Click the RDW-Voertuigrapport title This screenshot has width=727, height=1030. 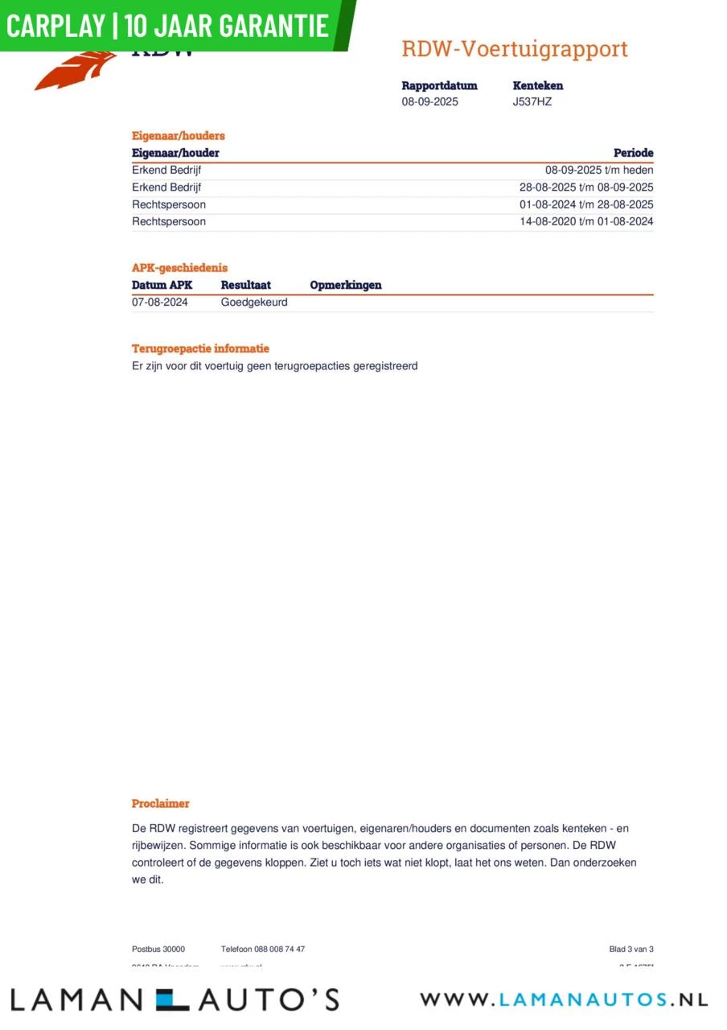[x=515, y=49]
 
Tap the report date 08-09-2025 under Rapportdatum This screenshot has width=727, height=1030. [x=429, y=102]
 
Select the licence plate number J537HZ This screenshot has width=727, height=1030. [x=532, y=102]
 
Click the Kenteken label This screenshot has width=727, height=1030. [x=538, y=86]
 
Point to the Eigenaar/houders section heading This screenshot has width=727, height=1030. [x=179, y=136]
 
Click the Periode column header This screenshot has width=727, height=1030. [x=633, y=153]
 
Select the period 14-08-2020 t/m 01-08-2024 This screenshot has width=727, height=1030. [x=586, y=221]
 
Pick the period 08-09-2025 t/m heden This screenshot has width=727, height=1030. [x=599, y=171]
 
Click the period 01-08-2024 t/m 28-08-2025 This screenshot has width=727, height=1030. [x=586, y=204]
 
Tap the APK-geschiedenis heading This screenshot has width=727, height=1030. [x=179, y=268]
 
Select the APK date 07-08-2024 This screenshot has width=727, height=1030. [x=160, y=303]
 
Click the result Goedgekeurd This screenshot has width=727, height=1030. [x=254, y=303]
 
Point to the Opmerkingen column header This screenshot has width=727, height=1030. [x=346, y=285]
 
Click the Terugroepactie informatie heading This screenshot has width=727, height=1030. [x=200, y=349]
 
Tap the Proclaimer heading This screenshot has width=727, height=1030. [x=161, y=804]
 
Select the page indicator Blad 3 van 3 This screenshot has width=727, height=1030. [x=631, y=950]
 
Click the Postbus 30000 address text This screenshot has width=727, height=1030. [x=158, y=950]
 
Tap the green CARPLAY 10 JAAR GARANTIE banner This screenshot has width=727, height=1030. [x=169, y=26]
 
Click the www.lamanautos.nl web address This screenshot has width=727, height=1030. [x=564, y=1000]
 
